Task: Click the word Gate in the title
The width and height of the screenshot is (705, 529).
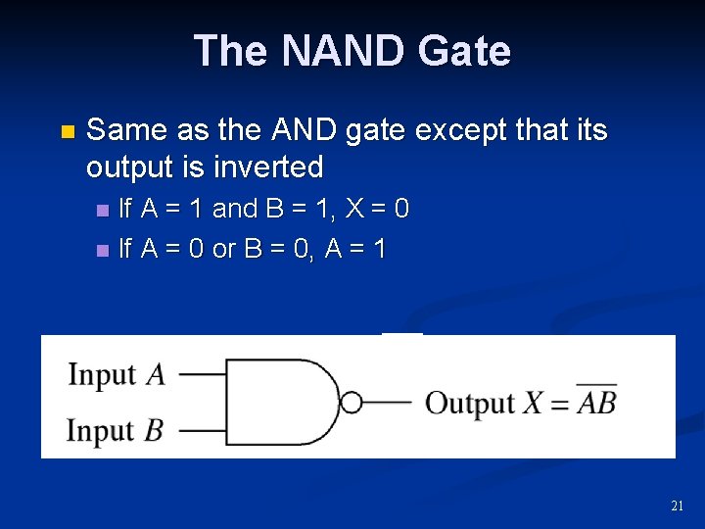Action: click(463, 51)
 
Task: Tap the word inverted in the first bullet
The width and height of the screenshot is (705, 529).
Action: click(266, 168)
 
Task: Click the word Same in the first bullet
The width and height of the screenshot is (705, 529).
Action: click(121, 130)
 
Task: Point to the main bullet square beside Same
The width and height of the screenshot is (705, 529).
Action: click(67, 131)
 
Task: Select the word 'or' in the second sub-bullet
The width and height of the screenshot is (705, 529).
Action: click(224, 250)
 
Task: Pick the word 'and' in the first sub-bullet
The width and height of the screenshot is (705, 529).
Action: click(234, 209)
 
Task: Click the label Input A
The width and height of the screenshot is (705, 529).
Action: click(116, 374)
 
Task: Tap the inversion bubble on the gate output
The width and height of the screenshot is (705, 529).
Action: click(352, 403)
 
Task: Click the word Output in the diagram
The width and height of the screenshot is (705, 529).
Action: click(470, 403)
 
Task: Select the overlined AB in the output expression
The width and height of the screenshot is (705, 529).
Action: click(596, 402)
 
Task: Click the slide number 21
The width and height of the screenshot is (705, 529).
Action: click(677, 506)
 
